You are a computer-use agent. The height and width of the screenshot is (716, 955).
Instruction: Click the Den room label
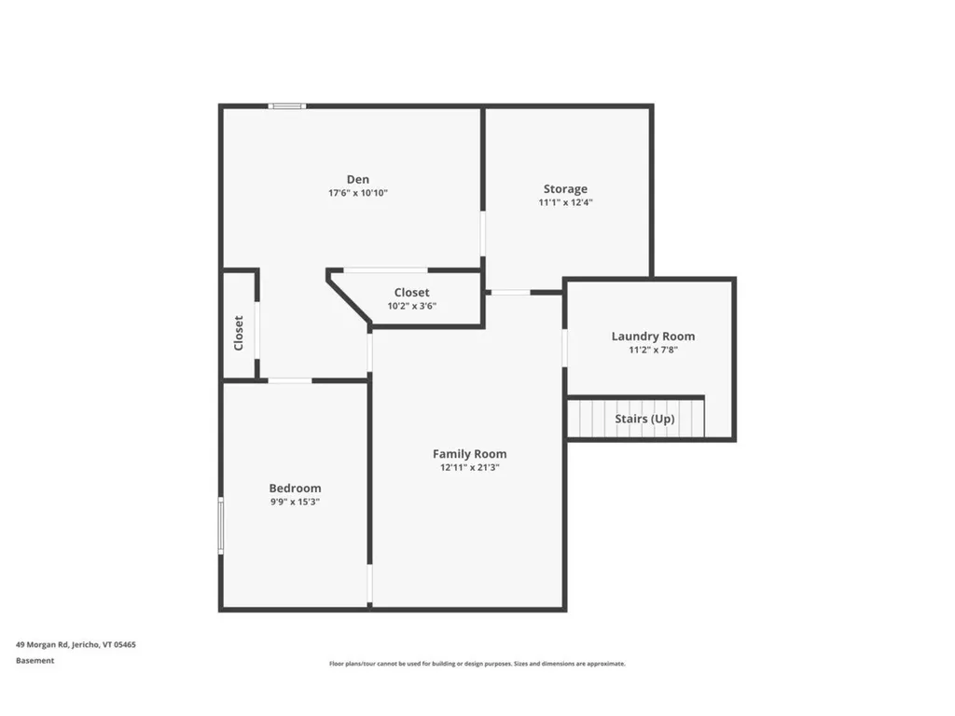[357, 180]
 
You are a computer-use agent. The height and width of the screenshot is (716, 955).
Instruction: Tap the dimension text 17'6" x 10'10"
[357, 194]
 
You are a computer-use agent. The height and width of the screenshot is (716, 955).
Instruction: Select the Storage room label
[565, 189]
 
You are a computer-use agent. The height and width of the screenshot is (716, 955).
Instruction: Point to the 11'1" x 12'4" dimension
[565, 202]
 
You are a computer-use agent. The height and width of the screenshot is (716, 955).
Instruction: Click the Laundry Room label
[653, 337]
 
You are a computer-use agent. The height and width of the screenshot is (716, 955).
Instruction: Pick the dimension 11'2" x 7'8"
[653, 351]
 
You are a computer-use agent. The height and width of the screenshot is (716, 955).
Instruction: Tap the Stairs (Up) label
[644, 419]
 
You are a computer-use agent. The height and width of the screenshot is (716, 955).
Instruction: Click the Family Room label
[469, 454]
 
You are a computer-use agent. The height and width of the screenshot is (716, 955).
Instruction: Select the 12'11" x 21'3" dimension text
[469, 468]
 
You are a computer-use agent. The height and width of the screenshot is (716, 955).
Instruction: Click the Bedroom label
[295, 489]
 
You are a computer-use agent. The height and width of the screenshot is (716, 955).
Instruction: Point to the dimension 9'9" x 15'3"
[295, 502]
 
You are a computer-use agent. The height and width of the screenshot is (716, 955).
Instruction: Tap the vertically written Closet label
[239, 333]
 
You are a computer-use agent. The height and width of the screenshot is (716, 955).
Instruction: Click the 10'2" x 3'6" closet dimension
[411, 306]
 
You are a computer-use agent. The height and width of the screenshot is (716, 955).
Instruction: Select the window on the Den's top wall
[287, 106]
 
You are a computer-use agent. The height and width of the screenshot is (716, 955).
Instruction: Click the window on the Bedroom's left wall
[221, 526]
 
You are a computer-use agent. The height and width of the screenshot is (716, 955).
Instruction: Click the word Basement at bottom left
[35, 661]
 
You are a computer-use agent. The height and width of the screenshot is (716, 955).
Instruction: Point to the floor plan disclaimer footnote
[477, 664]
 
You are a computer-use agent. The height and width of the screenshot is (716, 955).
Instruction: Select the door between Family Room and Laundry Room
[564, 348]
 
